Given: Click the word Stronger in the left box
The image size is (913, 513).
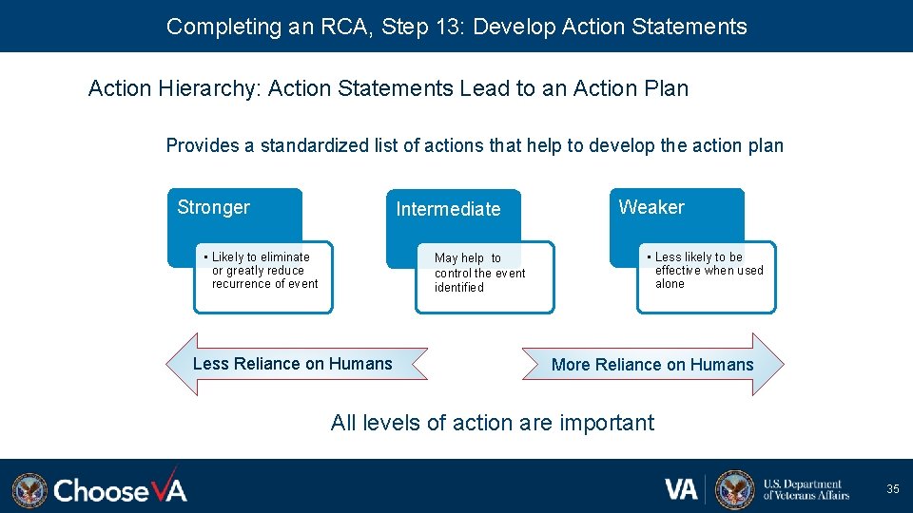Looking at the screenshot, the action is pyautogui.click(x=213, y=207).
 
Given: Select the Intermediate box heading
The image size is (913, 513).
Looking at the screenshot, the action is pyautogui.click(x=448, y=209).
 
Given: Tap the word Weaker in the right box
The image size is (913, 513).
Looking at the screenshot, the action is pyautogui.click(x=651, y=207).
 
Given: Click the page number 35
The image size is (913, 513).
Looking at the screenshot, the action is pyautogui.click(x=892, y=489).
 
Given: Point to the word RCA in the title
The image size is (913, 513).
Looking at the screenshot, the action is pyautogui.click(x=340, y=27).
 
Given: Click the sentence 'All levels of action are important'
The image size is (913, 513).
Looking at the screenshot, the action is pyautogui.click(x=493, y=423).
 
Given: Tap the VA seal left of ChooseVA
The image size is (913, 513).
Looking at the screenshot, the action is pyautogui.click(x=29, y=490).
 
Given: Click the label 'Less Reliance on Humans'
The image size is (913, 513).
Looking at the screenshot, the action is pyautogui.click(x=292, y=363).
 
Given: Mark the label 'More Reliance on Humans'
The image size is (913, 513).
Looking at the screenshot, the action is pyautogui.click(x=652, y=365).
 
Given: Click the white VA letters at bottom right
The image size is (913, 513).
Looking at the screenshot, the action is pyautogui.click(x=681, y=489).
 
